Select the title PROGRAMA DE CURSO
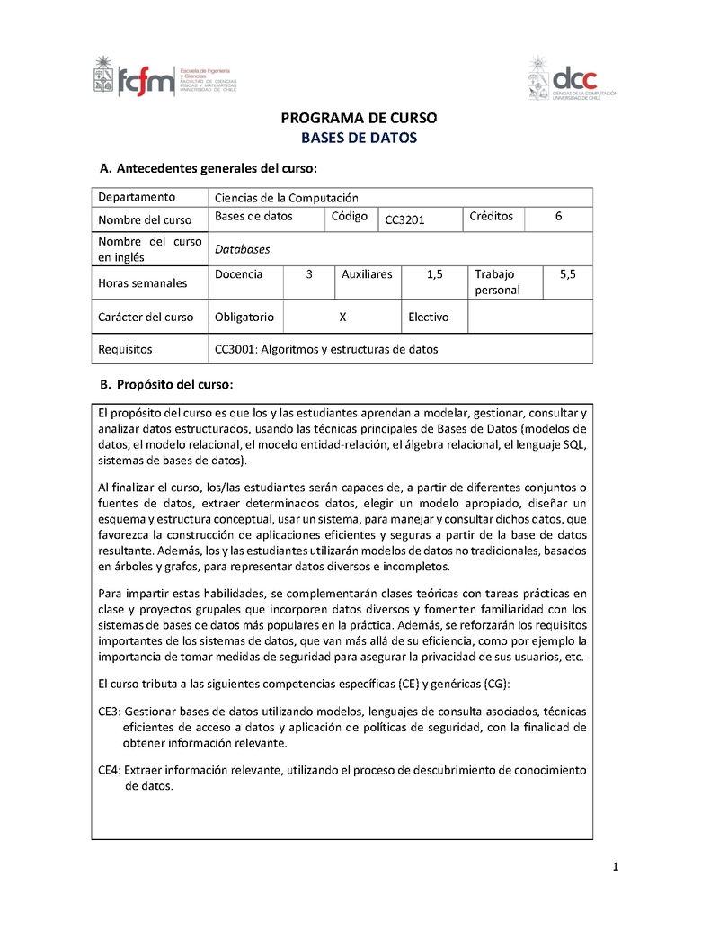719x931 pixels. coord(359,119)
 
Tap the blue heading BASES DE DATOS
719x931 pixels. coord(359,139)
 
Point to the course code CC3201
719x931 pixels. coord(404,219)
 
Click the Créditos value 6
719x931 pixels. coord(559,217)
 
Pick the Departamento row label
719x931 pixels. coord(137,197)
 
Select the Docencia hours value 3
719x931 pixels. coord(308,274)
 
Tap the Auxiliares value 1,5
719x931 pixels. coord(435,274)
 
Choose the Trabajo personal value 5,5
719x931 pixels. coord(567,274)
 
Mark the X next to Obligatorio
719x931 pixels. coord(342,317)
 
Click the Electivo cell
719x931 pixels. coord(429,317)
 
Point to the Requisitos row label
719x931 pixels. coord(125,349)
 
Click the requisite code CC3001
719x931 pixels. coord(235,349)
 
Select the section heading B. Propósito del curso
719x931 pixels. coord(166,385)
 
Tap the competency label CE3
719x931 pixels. coord(109,711)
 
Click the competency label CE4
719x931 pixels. coord(109,770)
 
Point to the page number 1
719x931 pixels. coord(616,867)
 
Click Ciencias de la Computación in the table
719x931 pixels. coord(287,197)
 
